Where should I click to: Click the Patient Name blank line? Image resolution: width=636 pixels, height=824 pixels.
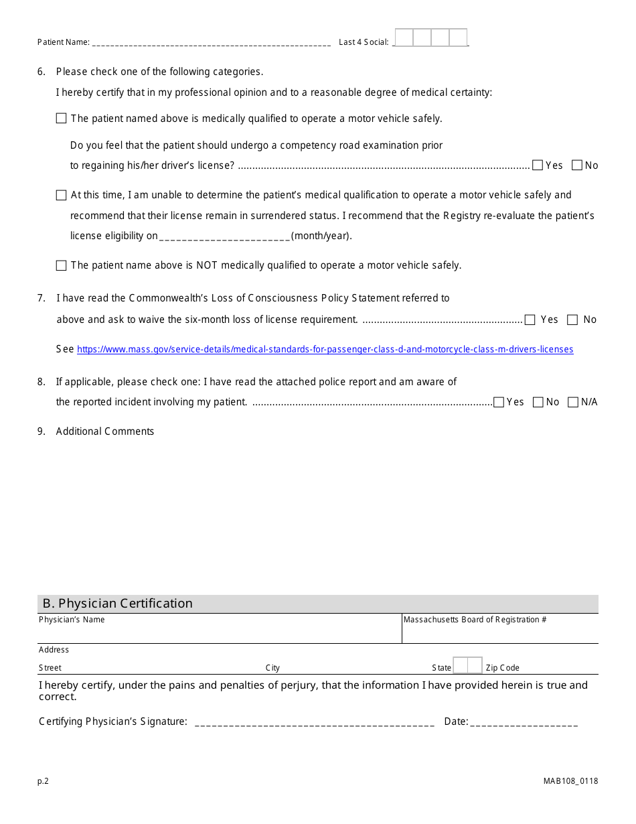(211, 43)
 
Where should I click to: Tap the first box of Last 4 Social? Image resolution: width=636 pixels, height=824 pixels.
(404, 38)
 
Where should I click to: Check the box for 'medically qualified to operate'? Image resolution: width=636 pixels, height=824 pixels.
(62, 119)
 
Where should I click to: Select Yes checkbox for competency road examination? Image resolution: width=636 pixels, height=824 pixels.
(538, 165)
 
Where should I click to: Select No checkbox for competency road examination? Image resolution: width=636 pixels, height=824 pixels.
(577, 165)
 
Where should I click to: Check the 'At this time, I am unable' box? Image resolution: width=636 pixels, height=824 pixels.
(62, 196)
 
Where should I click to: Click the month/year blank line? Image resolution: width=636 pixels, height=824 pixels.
(225, 236)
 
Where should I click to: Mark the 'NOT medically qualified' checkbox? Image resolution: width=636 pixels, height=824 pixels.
(62, 266)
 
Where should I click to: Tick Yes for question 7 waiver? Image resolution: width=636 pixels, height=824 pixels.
(530, 320)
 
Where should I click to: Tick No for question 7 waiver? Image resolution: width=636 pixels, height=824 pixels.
(572, 320)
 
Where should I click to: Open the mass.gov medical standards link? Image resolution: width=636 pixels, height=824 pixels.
(325, 350)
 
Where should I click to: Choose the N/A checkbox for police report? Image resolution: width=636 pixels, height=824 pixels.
(573, 403)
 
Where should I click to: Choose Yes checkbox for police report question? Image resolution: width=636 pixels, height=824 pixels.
(499, 403)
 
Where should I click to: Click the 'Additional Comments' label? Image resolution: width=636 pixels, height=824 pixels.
(105, 431)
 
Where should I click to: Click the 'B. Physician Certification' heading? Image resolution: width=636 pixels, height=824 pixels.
(118, 604)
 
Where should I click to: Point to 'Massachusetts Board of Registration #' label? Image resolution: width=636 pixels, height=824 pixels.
(475, 620)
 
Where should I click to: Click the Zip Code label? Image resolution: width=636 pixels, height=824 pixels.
(502, 668)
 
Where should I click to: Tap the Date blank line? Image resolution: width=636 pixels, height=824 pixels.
(524, 722)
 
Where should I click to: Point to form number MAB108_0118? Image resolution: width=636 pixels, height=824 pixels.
(571, 781)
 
